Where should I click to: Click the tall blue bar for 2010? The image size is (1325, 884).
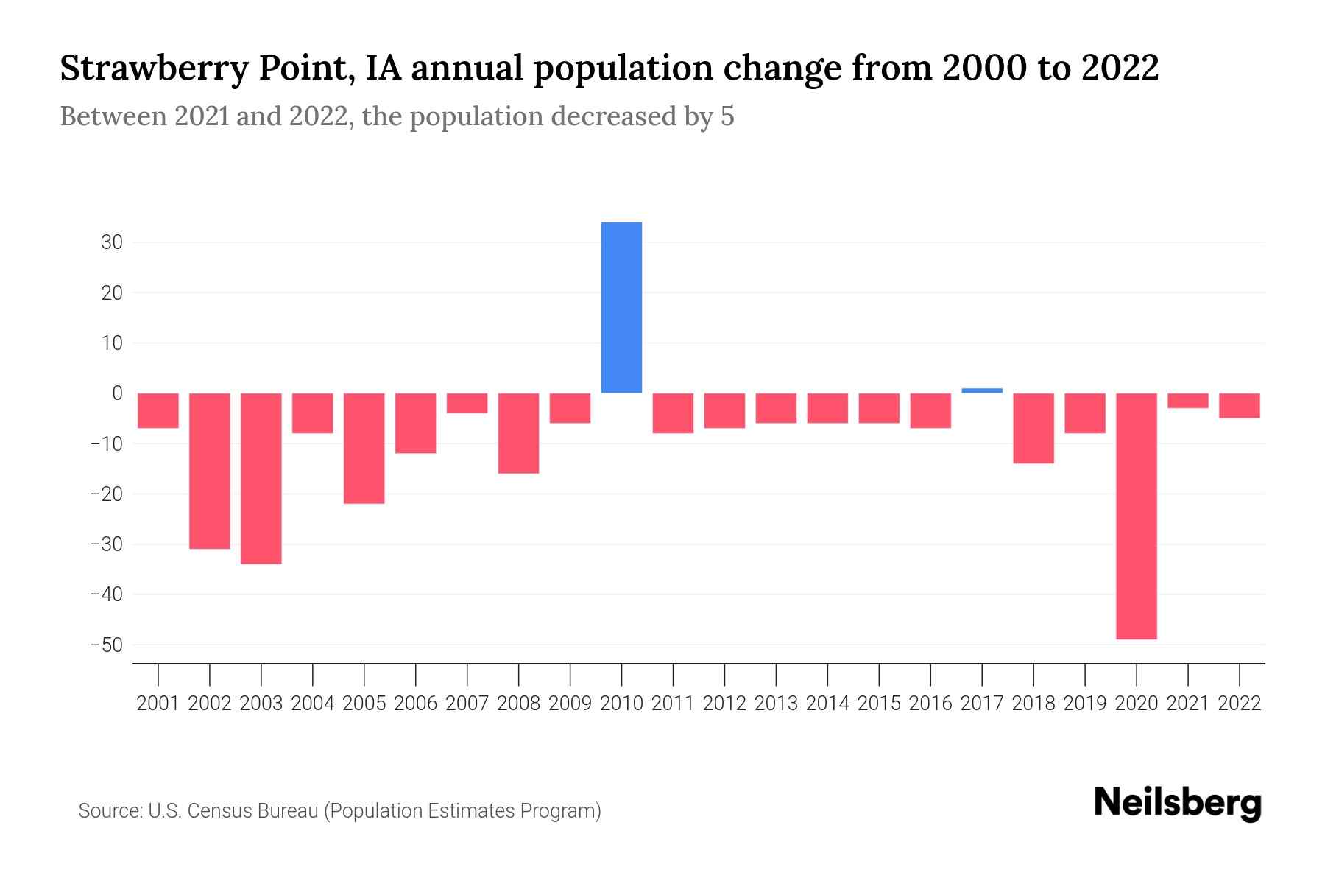(x=621, y=307)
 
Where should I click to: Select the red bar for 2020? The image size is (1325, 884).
(x=1136, y=516)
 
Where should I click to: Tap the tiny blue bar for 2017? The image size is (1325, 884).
(x=982, y=390)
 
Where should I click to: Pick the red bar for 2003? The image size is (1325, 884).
(x=261, y=478)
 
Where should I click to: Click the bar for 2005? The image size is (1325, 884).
(x=364, y=448)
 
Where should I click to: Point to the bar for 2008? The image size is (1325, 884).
(x=518, y=433)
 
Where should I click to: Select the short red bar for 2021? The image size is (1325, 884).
(x=1187, y=401)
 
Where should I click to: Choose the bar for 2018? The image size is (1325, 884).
(x=1033, y=428)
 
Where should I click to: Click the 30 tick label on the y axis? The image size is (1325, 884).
(x=112, y=242)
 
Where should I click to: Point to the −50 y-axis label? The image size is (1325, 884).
(x=107, y=645)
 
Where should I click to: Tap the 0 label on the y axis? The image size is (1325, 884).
(x=117, y=393)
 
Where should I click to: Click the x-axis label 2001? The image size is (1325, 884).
(x=158, y=704)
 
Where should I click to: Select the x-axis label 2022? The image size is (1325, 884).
(x=1240, y=704)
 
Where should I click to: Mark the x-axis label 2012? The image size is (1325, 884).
(x=724, y=704)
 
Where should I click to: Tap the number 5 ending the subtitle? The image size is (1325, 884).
(x=727, y=116)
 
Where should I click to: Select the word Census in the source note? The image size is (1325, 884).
(x=221, y=811)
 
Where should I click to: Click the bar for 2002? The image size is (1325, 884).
(x=210, y=471)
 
